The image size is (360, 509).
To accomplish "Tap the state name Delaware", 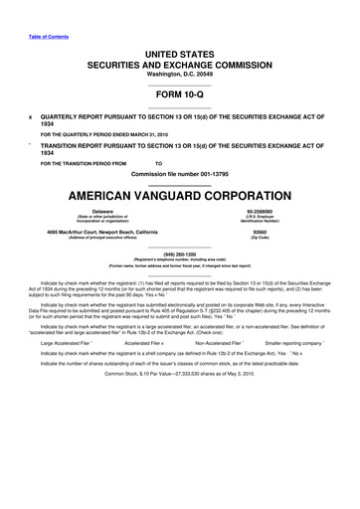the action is coord(102,211).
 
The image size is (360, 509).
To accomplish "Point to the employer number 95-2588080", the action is coord(261,211).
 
